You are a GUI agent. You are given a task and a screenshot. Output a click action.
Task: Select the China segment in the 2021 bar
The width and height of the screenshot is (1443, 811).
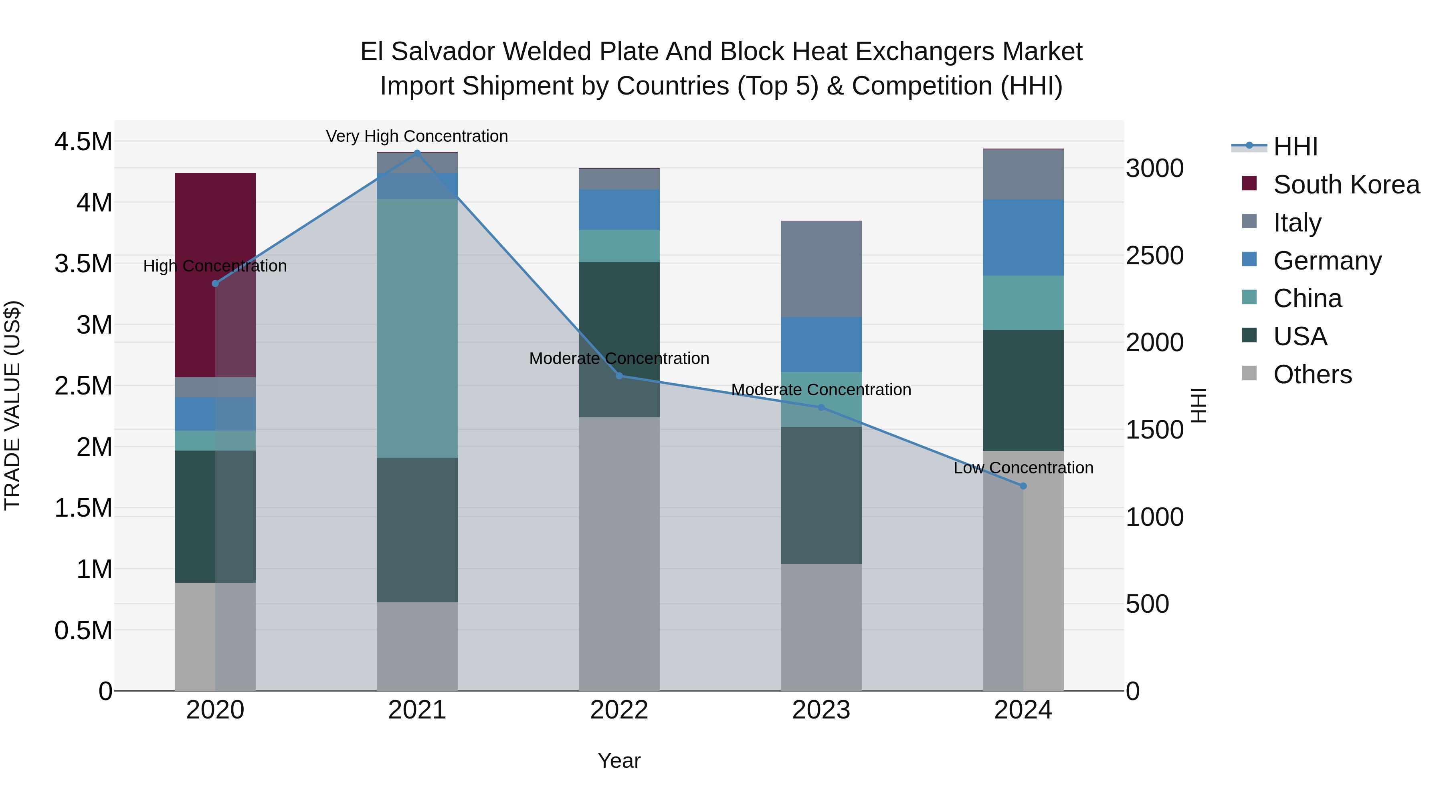(417, 328)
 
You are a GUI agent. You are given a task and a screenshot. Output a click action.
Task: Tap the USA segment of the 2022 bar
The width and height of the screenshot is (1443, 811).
(619, 314)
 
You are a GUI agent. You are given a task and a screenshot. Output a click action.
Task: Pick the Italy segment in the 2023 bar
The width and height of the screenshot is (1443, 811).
(821, 269)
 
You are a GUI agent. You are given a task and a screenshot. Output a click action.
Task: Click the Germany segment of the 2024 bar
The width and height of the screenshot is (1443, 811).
(1023, 237)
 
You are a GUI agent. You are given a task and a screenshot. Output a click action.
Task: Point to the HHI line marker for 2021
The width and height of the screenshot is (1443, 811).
(417, 153)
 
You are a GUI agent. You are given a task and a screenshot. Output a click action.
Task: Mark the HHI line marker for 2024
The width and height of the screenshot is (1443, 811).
(1023, 486)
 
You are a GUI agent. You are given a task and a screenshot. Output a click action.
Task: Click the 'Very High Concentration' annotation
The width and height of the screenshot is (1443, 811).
(417, 136)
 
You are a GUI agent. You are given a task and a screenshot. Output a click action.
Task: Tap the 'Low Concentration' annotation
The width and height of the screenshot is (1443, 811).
(1023, 467)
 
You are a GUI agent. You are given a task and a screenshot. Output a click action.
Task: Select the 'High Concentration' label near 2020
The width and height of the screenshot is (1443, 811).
(215, 266)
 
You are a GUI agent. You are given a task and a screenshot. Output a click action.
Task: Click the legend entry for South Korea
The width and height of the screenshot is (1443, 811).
(1346, 185)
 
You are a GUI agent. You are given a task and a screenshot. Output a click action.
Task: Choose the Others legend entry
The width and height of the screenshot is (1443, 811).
(1312, 374)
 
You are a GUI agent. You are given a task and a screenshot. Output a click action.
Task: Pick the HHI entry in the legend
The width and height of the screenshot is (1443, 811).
(1295, 147)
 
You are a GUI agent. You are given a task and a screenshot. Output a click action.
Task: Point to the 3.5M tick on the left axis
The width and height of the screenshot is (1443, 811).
(83, 264)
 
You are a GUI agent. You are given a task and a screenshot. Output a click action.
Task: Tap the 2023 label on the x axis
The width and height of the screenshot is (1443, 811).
(821, 710)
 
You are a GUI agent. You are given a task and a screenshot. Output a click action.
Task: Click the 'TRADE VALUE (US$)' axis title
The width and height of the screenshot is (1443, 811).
(12, 405)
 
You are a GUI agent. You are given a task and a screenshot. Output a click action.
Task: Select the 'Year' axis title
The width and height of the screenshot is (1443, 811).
(619, 761)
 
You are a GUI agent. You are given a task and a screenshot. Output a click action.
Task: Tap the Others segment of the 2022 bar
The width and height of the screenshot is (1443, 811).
(619, 554)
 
